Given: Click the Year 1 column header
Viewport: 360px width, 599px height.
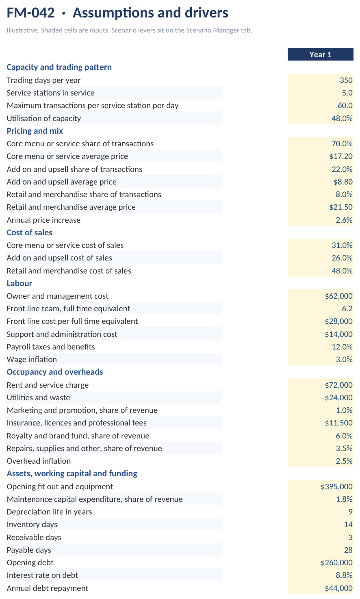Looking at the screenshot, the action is [x=321, y=54].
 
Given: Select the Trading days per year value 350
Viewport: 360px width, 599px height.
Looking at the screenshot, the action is [x=346, y=80].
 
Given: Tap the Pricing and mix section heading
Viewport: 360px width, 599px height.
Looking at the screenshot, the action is [x=35, y=131].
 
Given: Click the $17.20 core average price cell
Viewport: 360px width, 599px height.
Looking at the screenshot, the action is [x=341, y=156].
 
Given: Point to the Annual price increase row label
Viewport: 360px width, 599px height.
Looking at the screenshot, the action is [x=43, y=220].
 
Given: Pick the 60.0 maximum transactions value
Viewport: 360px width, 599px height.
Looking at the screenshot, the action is [x=345, y=105].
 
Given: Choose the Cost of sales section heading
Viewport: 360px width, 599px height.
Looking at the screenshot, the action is [x=29, y=232].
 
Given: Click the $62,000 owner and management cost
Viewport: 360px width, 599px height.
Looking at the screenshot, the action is [x=338, y=296].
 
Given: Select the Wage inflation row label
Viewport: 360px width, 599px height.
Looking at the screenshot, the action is [x=32, y=359].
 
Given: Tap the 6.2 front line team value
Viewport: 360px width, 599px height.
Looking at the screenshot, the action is [x=347, y=308].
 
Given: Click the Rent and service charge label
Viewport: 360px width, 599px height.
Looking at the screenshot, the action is [x=48, y=385].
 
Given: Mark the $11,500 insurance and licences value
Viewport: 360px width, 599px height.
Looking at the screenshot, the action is [x=338, y=423].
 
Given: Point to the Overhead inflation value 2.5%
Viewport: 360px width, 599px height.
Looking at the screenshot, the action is [x=344, y=461].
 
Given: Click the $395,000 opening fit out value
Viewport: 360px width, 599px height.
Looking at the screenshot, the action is [x=337, y=486].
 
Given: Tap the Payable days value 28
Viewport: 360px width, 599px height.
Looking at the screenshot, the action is [x=348, y=550].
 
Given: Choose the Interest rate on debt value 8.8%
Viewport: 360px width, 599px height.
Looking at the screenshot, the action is [x=344, y=575].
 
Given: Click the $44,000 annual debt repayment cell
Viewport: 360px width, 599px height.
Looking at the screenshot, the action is [x=338, y=588].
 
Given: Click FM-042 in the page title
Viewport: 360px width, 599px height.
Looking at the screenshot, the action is [x=30, y=13].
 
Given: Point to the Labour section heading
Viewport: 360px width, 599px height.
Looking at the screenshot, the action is [x=19, y=283].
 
